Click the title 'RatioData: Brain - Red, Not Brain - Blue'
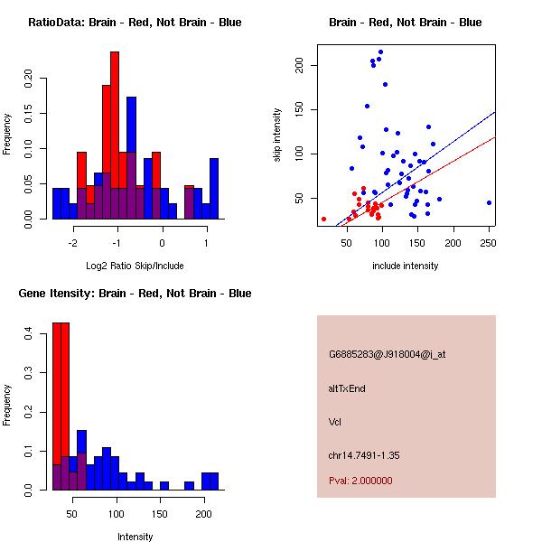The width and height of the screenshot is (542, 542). (135, 22)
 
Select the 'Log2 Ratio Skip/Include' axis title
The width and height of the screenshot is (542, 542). (135, 266)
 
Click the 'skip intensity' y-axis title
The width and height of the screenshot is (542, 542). (277, 135)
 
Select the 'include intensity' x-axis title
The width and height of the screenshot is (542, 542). (406, 266)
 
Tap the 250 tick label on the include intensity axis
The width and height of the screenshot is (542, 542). (489, 242)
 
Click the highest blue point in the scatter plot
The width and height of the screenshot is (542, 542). (380, 52)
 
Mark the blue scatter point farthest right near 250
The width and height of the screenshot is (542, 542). (489, 202)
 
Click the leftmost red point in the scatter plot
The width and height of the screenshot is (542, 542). (323, 219)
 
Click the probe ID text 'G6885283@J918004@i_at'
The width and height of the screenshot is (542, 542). (388, 354)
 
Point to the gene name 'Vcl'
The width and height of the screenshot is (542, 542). (334, 421)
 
